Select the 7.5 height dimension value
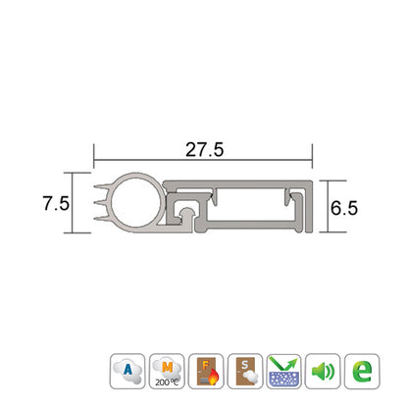(56, 204)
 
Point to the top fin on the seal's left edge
(102, 187)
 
